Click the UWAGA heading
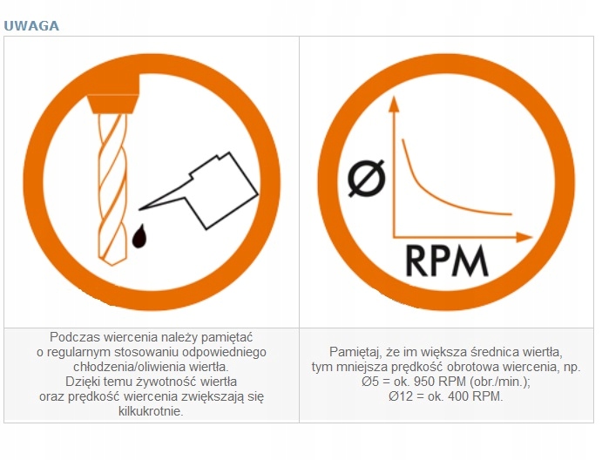(31, 26)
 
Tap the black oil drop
(139, 236)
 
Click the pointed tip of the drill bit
(112, 264)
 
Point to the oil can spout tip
(139, 209)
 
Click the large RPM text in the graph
(447, 261)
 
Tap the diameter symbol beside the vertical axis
(366, 179)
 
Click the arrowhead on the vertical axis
(394, 104)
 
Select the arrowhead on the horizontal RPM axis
(524, 237)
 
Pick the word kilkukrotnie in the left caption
(151, 411)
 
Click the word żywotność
(167, 382)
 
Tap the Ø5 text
(369, 382)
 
